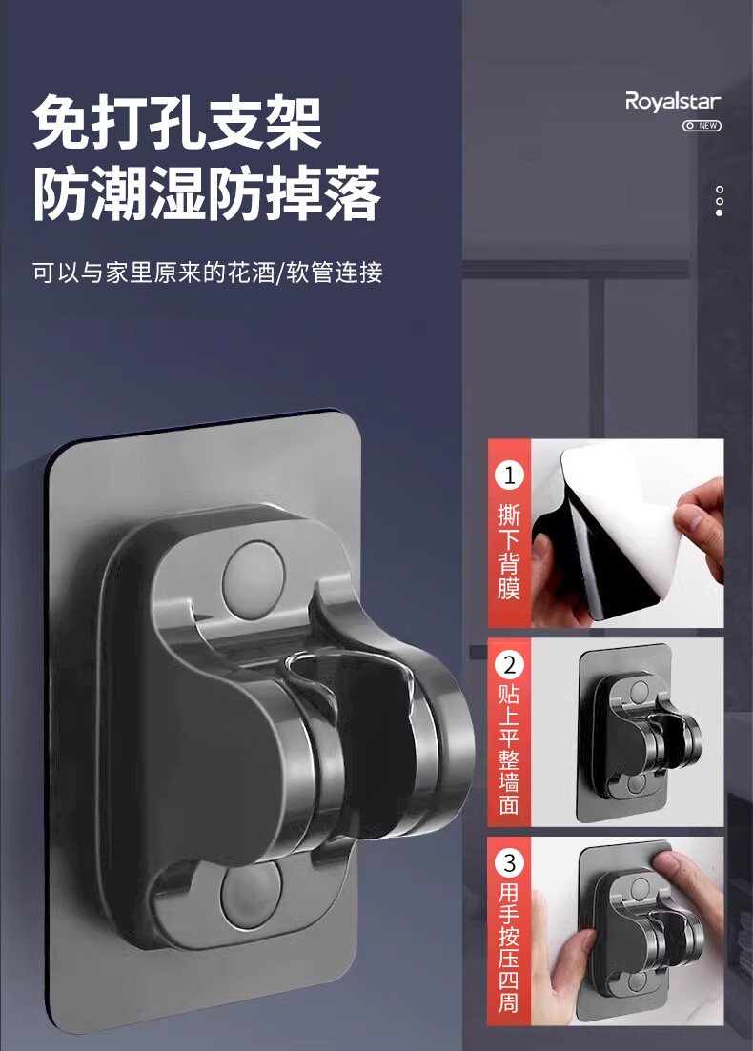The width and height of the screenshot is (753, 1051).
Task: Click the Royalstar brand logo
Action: pos(673,102)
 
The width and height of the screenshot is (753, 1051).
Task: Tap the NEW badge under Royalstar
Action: pos(702,126)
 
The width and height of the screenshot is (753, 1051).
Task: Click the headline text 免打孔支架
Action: pos(177,123)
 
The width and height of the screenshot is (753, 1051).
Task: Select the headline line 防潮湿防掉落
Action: pos(207,193)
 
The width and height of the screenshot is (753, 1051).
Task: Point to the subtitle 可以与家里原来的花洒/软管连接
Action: pos(207,273)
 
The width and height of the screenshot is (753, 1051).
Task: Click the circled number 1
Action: pos(509,475)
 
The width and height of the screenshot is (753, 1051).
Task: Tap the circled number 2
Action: pos(509,666)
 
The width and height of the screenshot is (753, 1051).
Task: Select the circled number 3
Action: pos(509,862)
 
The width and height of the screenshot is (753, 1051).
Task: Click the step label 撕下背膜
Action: pos(509,552)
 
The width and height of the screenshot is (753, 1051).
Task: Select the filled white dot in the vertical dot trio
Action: pos(720,213)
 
